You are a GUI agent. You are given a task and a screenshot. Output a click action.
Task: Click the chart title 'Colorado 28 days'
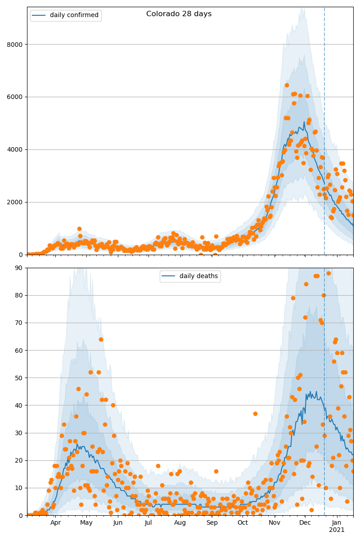tap(179, 14)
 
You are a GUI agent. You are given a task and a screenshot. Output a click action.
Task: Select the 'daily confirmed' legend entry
tap(74, 15)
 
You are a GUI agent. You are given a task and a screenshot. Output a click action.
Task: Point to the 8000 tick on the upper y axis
tap(16, 44)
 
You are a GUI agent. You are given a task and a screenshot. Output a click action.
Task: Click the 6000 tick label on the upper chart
tap(16, 97)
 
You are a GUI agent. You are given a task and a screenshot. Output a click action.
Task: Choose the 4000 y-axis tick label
tap(16, 149)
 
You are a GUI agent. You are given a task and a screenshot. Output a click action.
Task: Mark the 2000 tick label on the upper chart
tap(16, 202)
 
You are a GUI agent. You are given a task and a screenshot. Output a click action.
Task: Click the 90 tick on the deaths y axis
tap(19, 268)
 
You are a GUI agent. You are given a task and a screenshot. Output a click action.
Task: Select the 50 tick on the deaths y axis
tap(19, 378)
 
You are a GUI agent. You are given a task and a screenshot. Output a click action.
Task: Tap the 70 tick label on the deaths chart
tap(19, 323)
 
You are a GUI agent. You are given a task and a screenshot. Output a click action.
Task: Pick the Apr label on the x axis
tap(55, 522)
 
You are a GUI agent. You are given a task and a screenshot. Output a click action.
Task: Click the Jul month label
tap(148, 522)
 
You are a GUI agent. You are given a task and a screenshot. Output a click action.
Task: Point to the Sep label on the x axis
tap(212, 522)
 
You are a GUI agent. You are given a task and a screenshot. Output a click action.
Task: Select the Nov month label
tap(274, 522)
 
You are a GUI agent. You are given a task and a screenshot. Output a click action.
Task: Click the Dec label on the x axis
tap(305, 522)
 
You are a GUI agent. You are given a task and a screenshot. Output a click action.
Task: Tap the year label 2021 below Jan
tap(337, 530)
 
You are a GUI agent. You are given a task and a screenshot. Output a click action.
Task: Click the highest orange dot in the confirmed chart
tap(287, 85)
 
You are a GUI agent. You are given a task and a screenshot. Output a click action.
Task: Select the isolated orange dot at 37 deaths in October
tap(255, 414)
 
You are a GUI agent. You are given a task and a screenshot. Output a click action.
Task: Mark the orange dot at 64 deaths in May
tap(101, 339)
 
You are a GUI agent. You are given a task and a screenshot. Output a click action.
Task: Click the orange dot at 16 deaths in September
tap(216, 471)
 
